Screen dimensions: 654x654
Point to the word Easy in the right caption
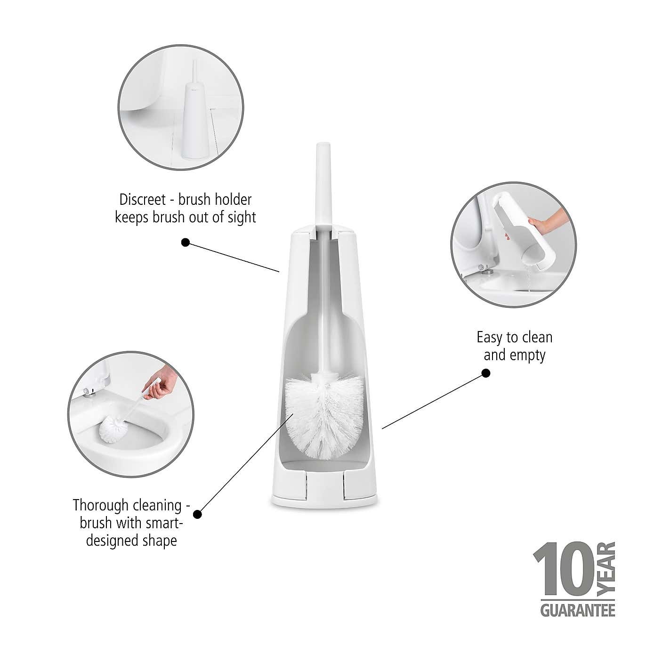(x=488, y=338)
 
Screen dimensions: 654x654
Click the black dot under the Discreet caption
(x=186, y=242)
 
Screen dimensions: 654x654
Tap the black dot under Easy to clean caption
(x=486, y=373)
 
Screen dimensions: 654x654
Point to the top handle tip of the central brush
(x=323, y=151)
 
